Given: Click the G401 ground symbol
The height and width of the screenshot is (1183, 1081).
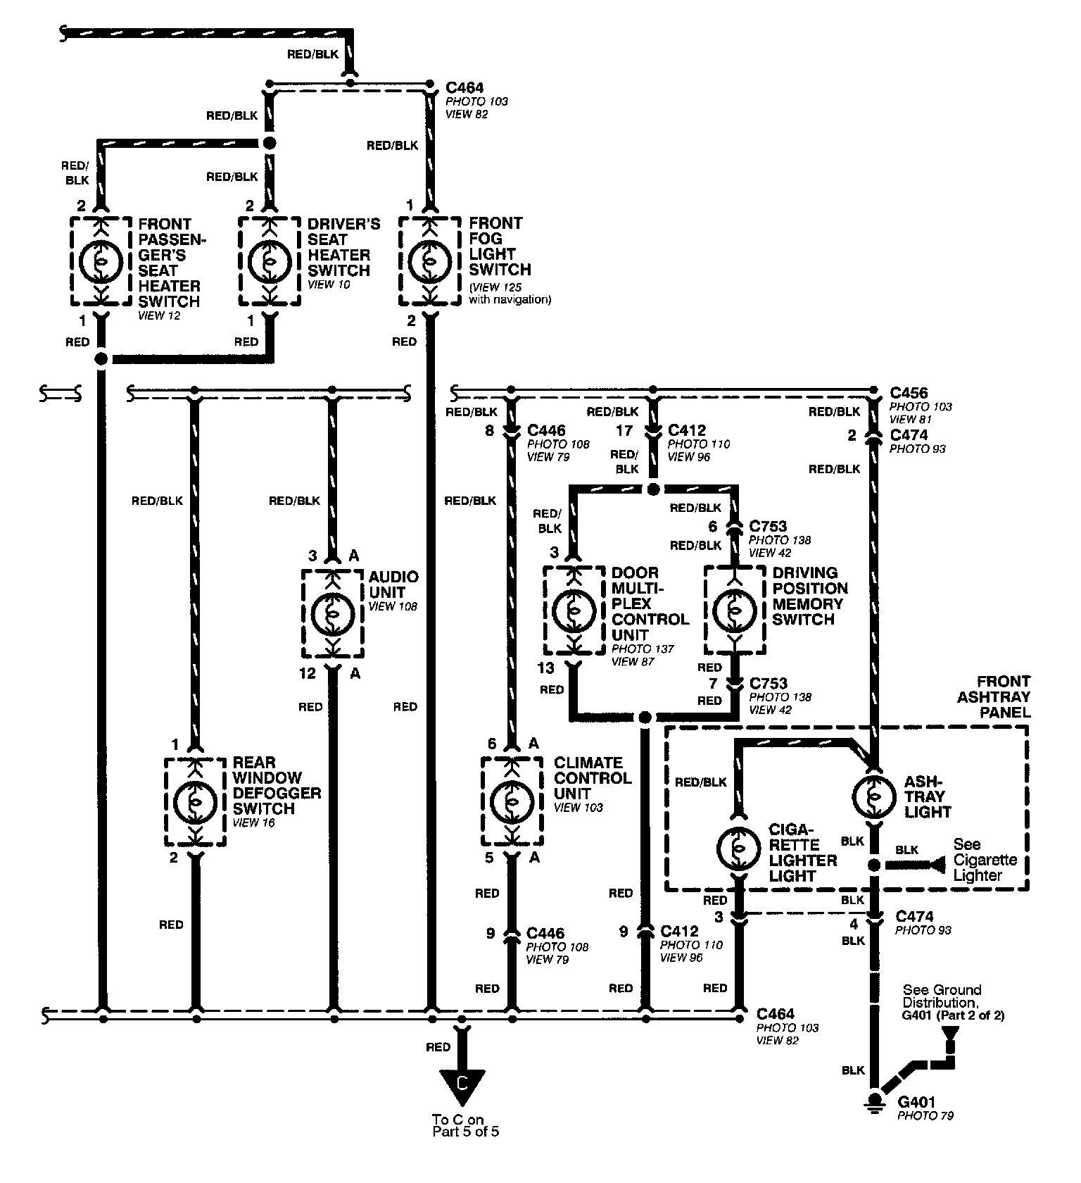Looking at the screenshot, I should [875, 1101].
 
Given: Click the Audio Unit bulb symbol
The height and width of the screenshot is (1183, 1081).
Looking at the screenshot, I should [333, 613].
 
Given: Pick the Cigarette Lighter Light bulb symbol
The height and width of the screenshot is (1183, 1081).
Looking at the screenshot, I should [738, 848].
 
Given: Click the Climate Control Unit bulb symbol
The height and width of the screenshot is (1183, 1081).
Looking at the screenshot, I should [512, 801].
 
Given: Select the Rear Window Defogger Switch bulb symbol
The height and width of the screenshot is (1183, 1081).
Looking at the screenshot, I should [195, 801].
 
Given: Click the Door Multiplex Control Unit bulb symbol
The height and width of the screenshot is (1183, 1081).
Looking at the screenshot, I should [574, 611].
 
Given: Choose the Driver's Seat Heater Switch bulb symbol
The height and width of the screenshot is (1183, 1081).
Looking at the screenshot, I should [268, 261].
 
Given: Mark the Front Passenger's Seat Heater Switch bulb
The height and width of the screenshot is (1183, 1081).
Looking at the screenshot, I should [101, 261].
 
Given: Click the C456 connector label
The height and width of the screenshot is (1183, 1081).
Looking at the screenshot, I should [909, 393].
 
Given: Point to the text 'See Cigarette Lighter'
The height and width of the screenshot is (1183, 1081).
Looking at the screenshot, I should [985, 859].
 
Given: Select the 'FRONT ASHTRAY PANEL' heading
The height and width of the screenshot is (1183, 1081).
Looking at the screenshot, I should [1002, 696].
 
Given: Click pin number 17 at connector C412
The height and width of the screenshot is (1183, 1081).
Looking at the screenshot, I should [624, 430].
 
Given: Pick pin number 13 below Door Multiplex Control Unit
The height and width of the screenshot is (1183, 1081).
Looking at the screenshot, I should [545, 668].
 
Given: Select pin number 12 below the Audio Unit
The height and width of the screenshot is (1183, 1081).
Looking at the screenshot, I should [308, 674].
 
